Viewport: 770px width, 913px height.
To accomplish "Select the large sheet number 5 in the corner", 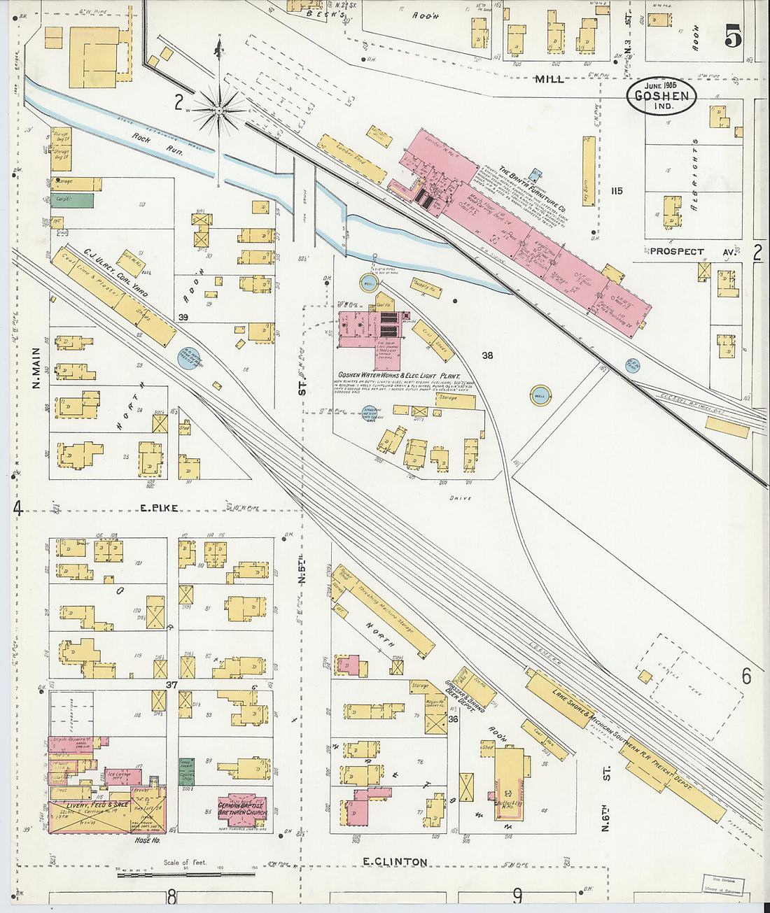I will coord(732,36).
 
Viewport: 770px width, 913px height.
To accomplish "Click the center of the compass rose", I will coord(219,110).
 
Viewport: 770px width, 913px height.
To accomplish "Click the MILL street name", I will coord(549,79).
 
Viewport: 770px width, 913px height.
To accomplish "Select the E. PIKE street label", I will coord(160,508).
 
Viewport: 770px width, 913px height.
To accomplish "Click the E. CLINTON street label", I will coord(395,861).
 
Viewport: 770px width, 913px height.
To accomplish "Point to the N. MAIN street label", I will coord(36,368).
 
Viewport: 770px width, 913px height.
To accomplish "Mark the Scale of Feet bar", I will coord(185,874).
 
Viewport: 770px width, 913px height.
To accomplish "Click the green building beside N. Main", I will coord(72,200).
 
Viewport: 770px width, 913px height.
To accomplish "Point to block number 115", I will coord(616,191).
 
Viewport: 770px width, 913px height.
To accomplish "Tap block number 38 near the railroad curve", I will coord(487,355).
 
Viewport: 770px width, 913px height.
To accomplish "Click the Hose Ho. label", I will coord(147,840).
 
